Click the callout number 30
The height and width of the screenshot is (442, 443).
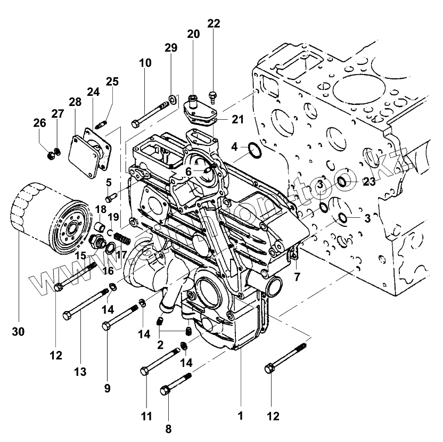[x=19, y=331]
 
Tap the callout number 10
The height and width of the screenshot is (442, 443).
[x=145, y=63]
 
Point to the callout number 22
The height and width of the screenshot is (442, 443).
[x=214, y=23]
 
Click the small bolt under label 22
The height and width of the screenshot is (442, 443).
[x=213, y=97]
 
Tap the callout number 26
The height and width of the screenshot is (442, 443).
[x=39, y=123]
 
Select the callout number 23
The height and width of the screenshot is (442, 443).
[x=369, y=182]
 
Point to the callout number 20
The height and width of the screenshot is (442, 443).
[x=193, y=34]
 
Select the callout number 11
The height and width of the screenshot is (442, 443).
[x=146, y=415]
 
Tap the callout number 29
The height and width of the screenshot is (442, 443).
[x=171, y=48]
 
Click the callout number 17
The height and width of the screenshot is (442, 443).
[x=121, y=255]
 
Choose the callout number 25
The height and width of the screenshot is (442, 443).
[x=112, y=81]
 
